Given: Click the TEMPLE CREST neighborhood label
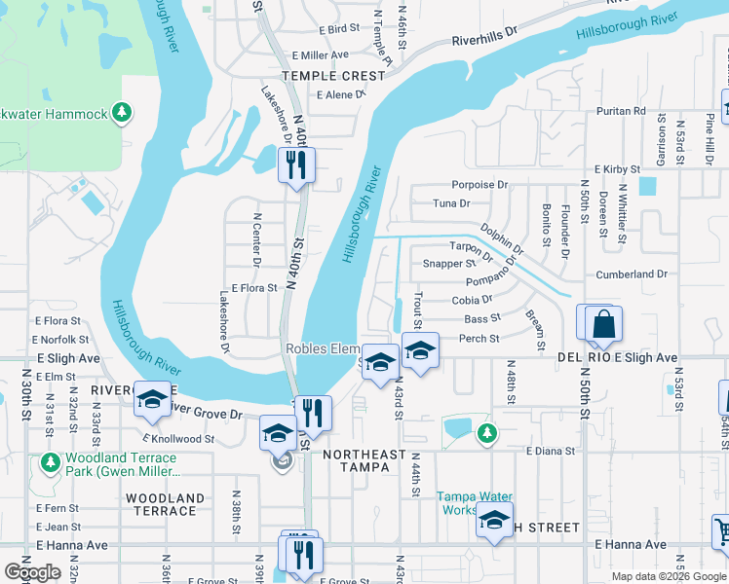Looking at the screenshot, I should pos(321,75).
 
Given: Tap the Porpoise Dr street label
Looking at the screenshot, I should pos(480,184).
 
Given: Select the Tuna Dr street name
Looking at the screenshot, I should pos(451,203).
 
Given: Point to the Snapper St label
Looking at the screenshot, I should pos(448,264).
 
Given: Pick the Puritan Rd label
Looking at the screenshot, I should pos(625,111).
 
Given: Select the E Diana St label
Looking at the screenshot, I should pos(551,451).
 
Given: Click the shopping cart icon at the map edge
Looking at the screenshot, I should pos(721,532).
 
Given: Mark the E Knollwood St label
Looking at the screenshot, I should pos(179,439).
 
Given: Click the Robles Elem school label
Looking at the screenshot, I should pos(322,348).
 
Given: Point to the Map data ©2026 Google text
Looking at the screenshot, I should pos(667,575).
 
